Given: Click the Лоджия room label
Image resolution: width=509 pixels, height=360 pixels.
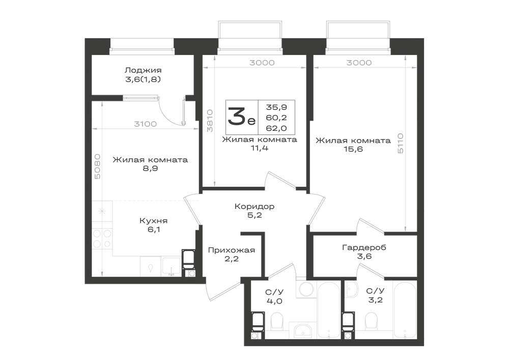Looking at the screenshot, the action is tap(143, 70).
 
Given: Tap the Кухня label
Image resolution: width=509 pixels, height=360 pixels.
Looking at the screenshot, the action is tap(153, 221).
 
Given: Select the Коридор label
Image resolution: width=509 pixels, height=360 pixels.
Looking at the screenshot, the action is tap(254, 206).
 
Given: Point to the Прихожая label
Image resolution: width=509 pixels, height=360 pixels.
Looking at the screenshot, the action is tap(232, 251).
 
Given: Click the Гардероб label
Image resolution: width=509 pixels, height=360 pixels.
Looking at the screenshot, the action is tap(364, 247).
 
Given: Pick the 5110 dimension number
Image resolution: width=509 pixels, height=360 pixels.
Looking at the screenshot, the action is tap(401, 143).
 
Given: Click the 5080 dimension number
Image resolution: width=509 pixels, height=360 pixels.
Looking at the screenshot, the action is tap(97, 166).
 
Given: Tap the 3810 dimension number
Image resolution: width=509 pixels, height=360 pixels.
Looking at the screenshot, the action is tap(210, 121).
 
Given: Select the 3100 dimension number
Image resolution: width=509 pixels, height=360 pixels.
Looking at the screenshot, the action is tap(145, 124).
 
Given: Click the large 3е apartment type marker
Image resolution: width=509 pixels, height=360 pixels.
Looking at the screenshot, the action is tap(241, 117).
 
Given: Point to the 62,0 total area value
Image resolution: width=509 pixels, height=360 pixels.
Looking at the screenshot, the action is tap(276, 128).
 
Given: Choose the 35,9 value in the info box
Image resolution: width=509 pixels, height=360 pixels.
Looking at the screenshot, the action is tap(276, 107).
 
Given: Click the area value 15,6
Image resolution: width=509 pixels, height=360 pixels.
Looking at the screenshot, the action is tap(353, 149).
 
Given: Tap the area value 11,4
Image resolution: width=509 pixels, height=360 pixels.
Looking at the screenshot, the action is tap(259, 148).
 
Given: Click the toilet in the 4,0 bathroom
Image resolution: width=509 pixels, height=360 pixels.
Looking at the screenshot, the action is tap(277, 321).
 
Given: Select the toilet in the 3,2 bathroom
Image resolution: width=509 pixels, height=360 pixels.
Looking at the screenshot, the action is tap(371, 321).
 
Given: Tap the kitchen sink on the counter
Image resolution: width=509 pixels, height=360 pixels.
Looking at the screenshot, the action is tap(172, 266).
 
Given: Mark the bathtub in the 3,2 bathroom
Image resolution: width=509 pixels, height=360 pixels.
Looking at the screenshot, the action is tap(405, 310).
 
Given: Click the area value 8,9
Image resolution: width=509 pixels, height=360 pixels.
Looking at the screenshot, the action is tap(150, 169).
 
